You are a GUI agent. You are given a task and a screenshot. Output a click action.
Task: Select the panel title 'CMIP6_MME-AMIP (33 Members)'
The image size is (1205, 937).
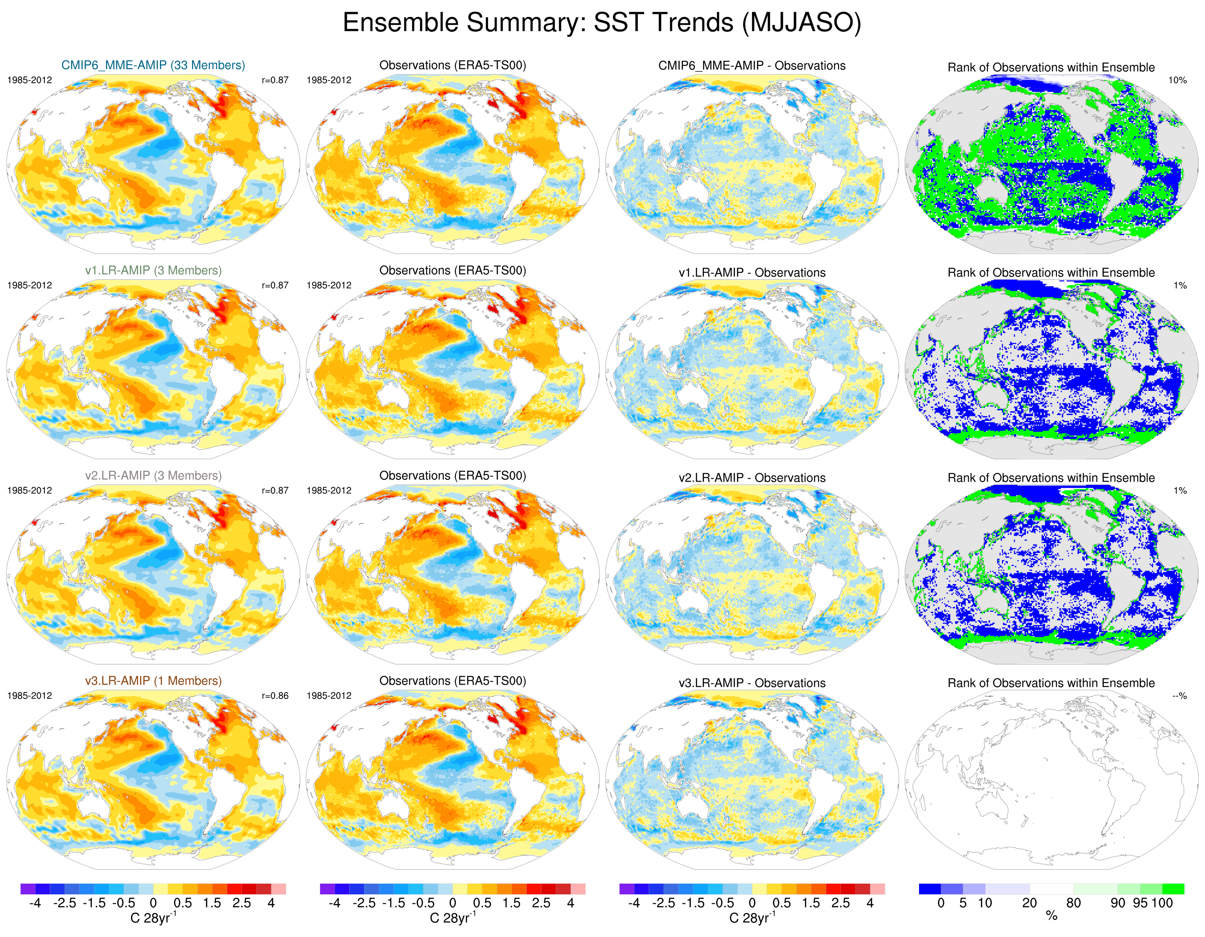153,65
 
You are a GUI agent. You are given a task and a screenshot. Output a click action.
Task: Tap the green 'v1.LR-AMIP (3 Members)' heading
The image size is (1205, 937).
153,270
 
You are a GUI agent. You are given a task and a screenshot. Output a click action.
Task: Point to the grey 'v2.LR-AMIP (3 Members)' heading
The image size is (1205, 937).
153,476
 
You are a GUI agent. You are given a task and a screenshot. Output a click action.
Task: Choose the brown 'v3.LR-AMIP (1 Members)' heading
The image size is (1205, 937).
153,681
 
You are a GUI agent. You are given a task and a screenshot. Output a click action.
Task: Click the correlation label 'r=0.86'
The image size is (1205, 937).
275,696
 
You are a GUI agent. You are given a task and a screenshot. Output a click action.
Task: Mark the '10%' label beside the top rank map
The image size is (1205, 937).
1177,80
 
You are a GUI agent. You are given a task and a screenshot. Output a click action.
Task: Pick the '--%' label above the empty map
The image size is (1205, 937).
1179,696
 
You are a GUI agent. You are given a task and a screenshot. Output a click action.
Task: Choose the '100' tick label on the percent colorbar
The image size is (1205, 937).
1162,903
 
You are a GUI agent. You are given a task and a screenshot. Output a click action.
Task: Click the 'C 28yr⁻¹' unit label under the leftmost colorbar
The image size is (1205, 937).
153,918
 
